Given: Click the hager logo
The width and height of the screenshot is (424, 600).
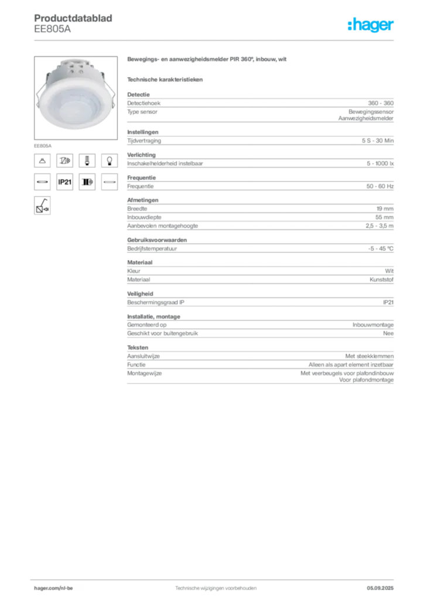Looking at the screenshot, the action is click(x=370, y=25).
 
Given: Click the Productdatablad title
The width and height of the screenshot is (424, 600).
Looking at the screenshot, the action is click(x=73, y=18).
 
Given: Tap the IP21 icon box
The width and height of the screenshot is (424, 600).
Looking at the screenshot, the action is click(x=64, y=182).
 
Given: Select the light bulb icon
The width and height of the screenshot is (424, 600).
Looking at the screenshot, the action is click(x=110, y=161).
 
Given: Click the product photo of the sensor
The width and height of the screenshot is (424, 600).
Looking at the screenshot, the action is click(x=76, y=98).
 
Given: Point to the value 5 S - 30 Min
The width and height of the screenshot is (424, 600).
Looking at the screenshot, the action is click(x=377, y=141).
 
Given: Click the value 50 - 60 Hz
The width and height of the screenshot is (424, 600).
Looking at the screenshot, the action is click(x=379, y=186).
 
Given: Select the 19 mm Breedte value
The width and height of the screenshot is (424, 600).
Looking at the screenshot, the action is click(x=385, y=209).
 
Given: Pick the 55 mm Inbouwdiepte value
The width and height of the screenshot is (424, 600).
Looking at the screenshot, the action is click(x=384, y=217).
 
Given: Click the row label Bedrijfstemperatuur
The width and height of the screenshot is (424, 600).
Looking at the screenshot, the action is click(x=152, y=248).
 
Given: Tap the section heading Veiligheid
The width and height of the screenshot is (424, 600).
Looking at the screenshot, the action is click(x=140, y=294).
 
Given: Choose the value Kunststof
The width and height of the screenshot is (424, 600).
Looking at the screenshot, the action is click(x=381, y=279).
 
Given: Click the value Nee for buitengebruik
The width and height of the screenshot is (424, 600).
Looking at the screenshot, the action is click(x=388, y=333).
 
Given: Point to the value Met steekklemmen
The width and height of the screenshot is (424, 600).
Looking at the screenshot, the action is click(x=370, y=356).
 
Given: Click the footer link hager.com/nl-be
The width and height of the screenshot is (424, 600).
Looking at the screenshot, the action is click(x=53, y=588).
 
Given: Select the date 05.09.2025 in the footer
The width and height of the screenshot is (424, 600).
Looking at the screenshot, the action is click(x=380, y=588).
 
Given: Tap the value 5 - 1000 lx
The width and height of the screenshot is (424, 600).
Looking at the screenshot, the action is click(x=380, y=163).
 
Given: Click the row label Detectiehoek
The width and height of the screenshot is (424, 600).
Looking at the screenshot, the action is click(x=143, y=103).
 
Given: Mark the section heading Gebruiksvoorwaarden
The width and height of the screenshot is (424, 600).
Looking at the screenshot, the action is click(x=157, y=240).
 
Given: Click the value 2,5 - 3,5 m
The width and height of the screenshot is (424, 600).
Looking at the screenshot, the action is click(x=379, y=226).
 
